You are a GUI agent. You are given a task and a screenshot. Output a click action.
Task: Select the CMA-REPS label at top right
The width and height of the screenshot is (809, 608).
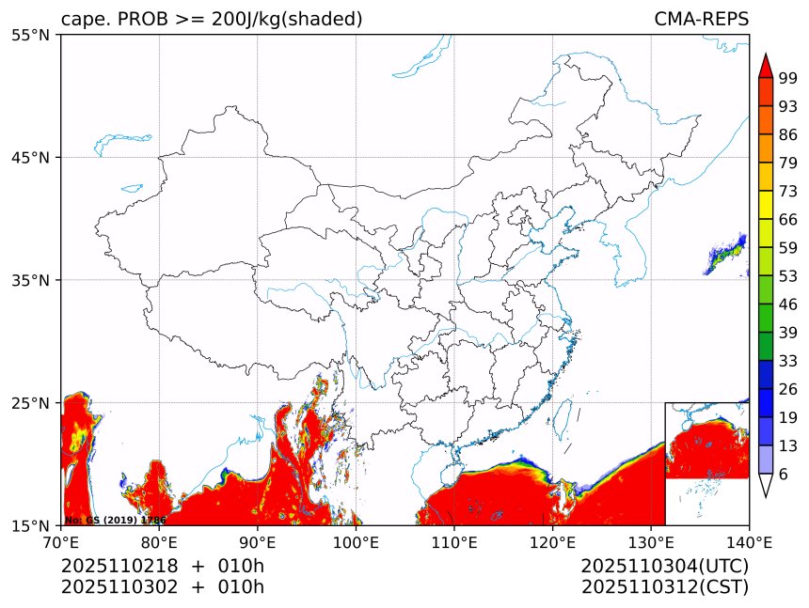701,19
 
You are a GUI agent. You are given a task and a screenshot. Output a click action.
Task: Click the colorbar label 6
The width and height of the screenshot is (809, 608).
784,474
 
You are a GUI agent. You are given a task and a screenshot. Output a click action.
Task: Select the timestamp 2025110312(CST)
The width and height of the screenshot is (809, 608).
664,587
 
